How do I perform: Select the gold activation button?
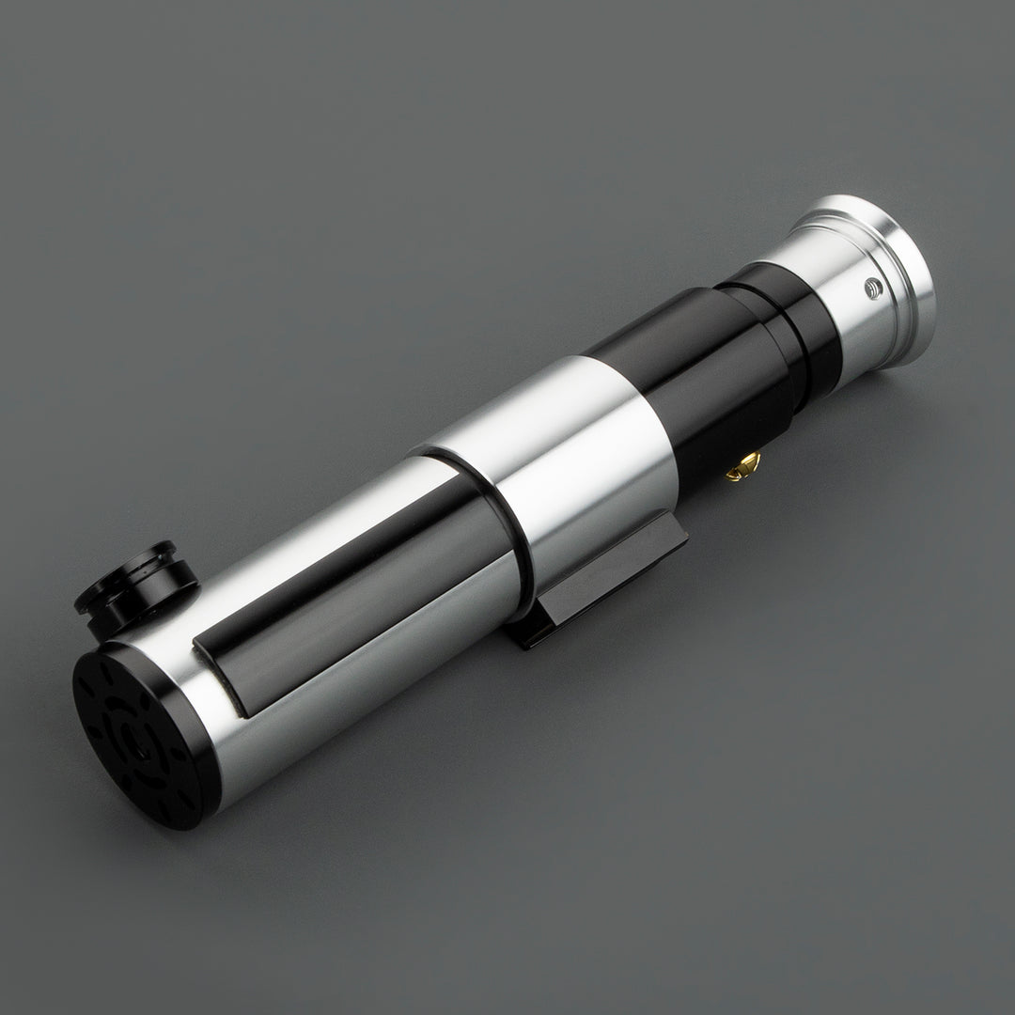(x=745, y=464)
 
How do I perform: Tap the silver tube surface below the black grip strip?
(x=376, y=677)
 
